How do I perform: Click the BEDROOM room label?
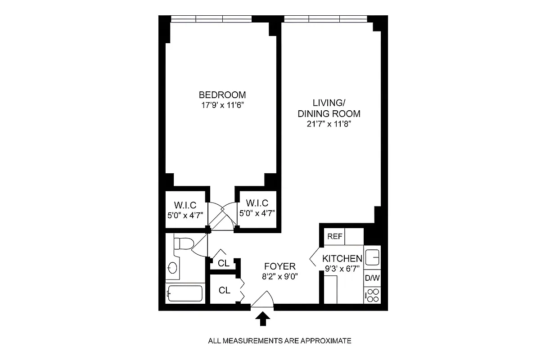pos(222,95)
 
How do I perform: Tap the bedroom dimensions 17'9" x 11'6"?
pos(222,105)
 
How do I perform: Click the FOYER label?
pos(280,266)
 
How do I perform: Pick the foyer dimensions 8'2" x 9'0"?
pos(280,275)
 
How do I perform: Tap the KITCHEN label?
pos(342,259)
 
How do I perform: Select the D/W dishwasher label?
pos(372,278)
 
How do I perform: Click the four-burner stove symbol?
pos(372,295)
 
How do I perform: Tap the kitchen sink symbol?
pos(372,257)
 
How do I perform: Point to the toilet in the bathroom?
pos(183,244)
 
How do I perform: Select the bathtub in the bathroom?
pos(185,294)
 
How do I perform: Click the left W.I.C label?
pos(185,203)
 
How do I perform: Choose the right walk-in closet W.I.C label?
pos(257,203)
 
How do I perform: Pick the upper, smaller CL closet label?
pos(224,263)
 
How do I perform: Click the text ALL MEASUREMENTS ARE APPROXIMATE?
pos(279,341)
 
